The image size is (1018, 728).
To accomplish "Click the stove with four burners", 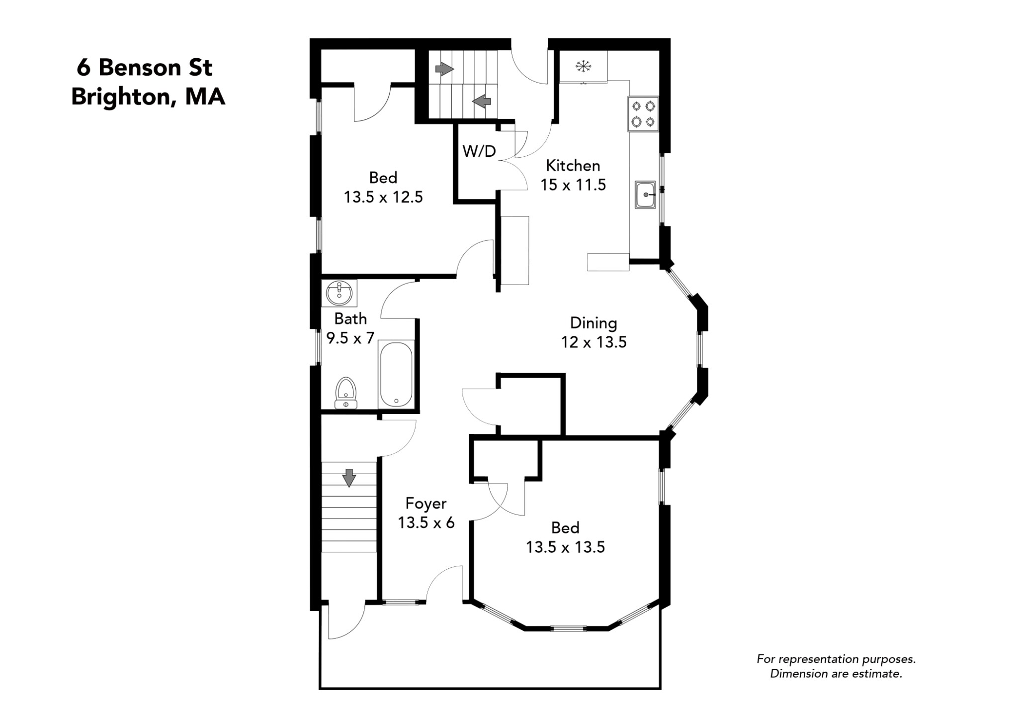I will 643,114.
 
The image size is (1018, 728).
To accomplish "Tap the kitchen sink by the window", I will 645,195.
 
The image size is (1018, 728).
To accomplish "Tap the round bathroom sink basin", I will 339,294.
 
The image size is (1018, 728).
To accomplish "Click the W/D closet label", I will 479,151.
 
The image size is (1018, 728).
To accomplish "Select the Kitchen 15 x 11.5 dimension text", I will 573,185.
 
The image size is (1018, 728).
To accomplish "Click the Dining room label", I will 594,323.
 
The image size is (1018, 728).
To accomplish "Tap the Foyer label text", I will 426,504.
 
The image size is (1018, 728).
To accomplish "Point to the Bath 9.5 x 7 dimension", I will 350,338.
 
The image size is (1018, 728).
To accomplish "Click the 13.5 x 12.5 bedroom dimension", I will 383,198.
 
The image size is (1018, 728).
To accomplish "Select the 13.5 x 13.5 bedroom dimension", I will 565,547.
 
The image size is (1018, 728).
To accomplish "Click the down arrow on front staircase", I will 349,478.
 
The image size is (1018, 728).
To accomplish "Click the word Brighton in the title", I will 122,97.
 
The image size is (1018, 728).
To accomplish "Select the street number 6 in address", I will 84,68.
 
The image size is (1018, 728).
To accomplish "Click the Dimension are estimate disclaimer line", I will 836,674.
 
